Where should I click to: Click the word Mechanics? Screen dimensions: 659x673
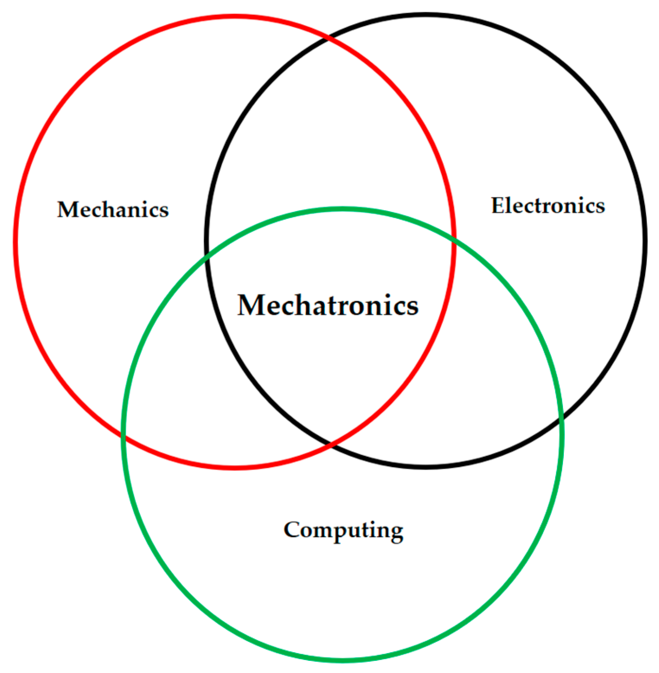[x=113, y=210]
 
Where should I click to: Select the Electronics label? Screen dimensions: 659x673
[x=548, y=205]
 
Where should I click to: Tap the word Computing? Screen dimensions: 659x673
[x=343, y=530]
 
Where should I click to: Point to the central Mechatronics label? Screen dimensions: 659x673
[x=328, y=305]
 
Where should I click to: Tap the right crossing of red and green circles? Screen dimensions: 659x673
[x=453, y=241]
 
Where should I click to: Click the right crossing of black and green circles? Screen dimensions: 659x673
[x=561, y=419]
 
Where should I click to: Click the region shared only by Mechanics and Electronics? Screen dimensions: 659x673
[x=329, y=130]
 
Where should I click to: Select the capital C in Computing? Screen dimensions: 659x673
[x=292, y=529]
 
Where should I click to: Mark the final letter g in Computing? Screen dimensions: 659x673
[x=397, y=533]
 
